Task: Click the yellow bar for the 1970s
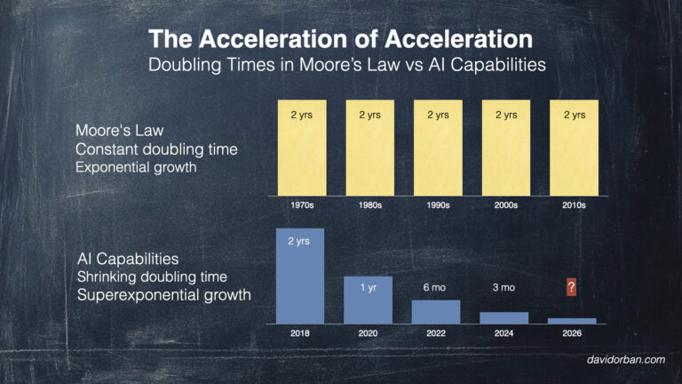(299, 148)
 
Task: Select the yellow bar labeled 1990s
(436, 148)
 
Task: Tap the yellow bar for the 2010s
(573, 148)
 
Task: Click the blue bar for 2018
(299, 276)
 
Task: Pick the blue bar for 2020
(368, 300)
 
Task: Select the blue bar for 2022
(436, 312)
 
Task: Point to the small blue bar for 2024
(504, 317)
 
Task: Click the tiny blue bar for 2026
(573, 321)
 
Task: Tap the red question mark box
(573, 287)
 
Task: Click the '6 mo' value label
(436, 287)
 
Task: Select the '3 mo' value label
(504, 287)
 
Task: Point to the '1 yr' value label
(368, 287)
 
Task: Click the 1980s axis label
(368, 205)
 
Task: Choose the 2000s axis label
(504, 205)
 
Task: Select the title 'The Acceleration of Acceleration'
(341, 39)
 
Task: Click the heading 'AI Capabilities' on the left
(128, 259)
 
